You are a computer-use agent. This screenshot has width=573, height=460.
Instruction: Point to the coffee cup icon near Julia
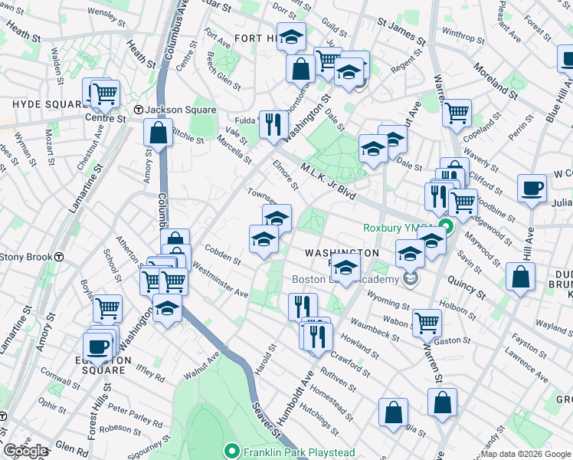[x=532, y=188]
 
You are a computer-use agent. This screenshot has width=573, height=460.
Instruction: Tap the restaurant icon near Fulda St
[x=273, y=123]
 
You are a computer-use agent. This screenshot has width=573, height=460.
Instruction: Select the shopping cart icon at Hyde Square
[x=105, y=94]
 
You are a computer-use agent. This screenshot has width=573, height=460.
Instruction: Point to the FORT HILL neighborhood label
[x=257, y=38]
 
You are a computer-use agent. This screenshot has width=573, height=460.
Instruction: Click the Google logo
[x=25, y=451]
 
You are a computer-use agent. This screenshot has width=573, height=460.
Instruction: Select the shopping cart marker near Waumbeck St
[x=427, y=321]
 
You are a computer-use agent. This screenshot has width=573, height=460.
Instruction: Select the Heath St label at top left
[x=25, y=34]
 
